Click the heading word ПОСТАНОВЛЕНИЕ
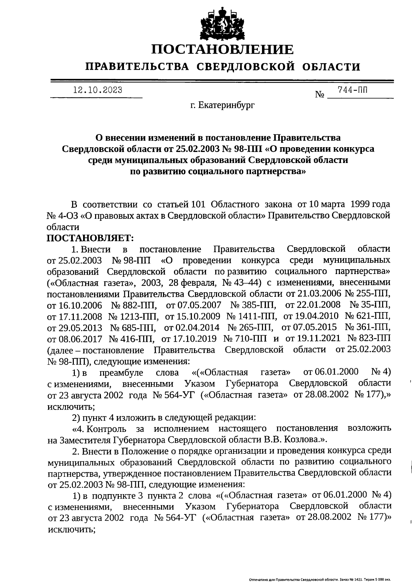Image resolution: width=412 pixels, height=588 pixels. (223, 50)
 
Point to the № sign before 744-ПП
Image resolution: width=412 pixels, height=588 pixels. (320, 95)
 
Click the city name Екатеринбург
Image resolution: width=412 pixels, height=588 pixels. (227, 106)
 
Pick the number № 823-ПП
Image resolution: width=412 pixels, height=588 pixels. (369, 339)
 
